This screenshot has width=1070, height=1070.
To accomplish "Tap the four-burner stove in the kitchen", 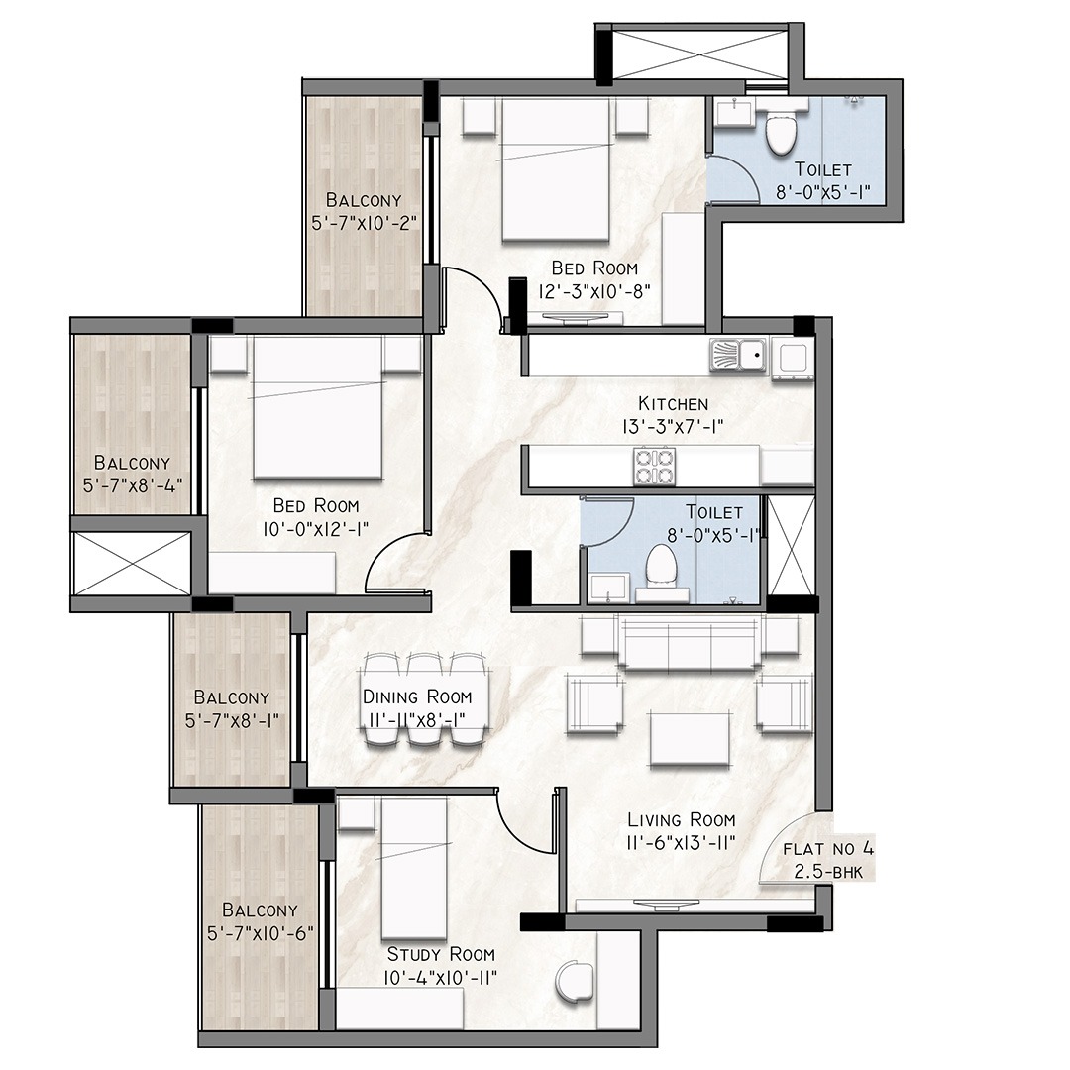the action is (655, 466).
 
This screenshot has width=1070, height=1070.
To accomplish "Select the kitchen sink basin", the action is (738, 356).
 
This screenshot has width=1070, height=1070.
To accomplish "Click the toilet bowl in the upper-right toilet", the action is (781, 134).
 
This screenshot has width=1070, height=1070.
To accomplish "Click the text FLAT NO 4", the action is (827, 849).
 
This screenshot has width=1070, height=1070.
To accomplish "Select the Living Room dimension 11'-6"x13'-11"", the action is (681, 843).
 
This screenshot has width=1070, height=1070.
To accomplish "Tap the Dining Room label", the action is (417, 696).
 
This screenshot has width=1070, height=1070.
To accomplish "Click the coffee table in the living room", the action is (690, 738).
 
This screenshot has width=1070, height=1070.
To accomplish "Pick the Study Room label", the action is (441, 954).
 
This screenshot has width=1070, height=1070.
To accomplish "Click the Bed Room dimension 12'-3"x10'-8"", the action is (594, 291).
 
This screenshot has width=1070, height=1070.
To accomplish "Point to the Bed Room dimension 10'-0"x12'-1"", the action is (315, 529).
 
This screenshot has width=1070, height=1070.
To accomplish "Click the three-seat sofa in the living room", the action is (689, 641).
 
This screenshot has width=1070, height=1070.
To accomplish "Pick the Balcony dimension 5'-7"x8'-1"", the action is (232, 720).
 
